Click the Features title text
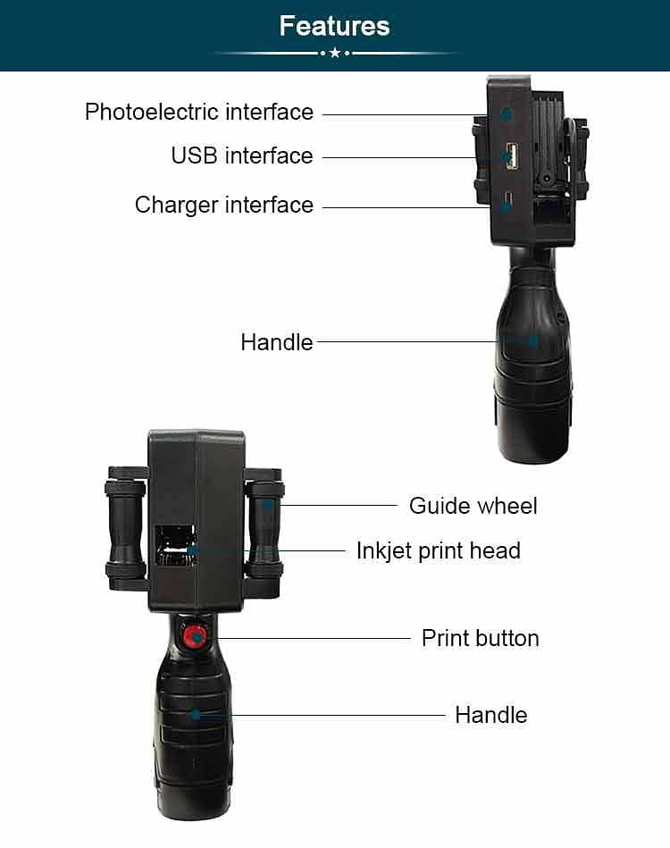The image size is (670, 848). point(334,26)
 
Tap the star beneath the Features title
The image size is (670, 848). point(335,54)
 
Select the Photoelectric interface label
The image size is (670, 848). point(199,113)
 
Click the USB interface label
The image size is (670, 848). point(242,156)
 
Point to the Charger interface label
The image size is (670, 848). point(224,206)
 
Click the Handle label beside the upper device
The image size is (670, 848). point(277,342)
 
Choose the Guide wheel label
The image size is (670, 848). point(473,506)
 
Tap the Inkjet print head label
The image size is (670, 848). point(438,550)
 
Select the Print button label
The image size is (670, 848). point(480,638)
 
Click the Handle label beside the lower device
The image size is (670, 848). point(490,715)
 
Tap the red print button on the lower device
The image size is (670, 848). point(192,636)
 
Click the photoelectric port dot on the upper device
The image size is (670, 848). point(507,113)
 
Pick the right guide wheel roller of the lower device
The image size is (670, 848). point(265,526)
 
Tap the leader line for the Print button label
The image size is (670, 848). point(313,638)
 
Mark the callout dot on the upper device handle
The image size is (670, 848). point(533,340)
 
